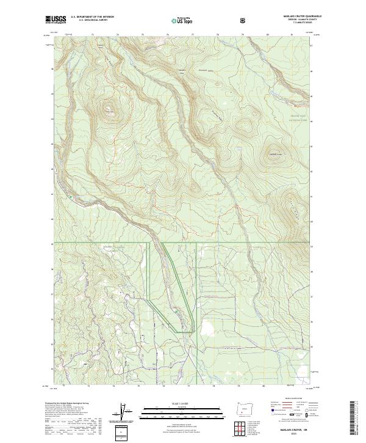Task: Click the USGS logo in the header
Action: click(x=56, y=20)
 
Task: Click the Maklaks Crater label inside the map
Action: click(x=273, y=153)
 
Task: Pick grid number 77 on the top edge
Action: click(x=193, y=35)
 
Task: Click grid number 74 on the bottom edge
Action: click(x=113, y=386)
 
